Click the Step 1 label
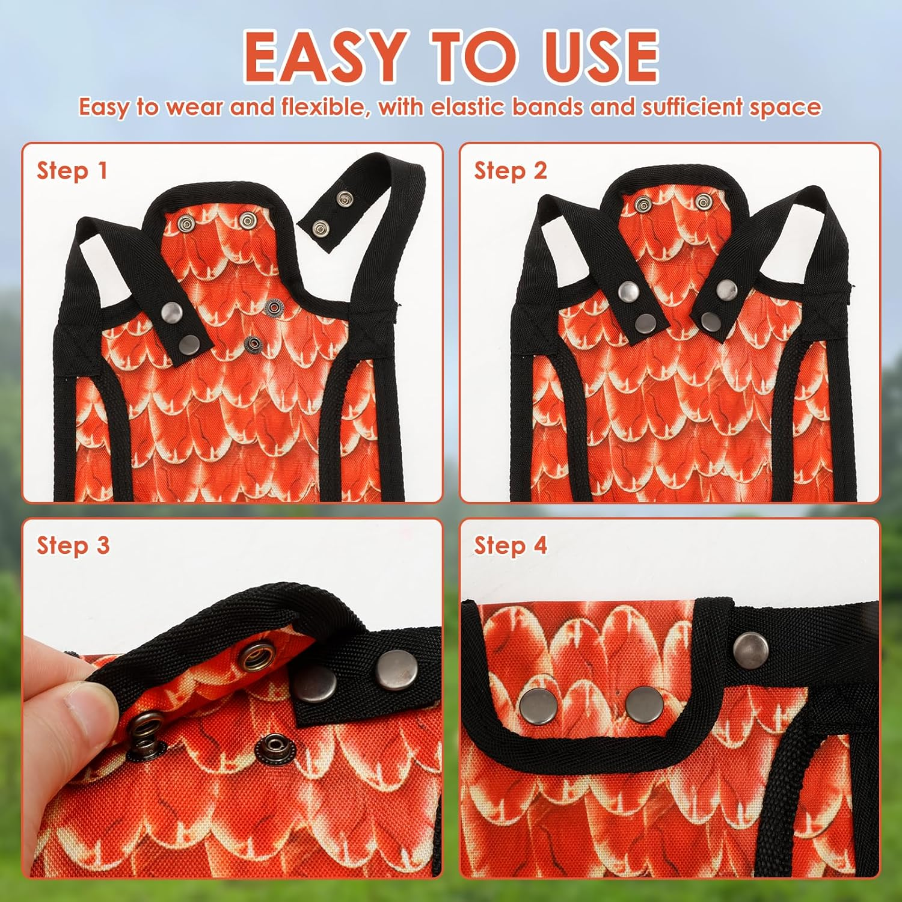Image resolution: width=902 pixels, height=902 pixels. tap(72, 171)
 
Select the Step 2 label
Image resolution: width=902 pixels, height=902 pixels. tap(511, 171)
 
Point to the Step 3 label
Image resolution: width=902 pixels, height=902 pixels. tap(73, 545)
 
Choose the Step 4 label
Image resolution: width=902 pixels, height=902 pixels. tap(511, 545)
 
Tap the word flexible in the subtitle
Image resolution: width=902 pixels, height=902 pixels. tap(323, 107)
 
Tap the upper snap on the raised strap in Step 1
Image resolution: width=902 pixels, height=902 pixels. tap(345, 198)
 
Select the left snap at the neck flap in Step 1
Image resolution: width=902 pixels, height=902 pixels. tap(186, 225)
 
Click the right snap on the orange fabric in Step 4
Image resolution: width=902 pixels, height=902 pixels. tap(644, 704)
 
